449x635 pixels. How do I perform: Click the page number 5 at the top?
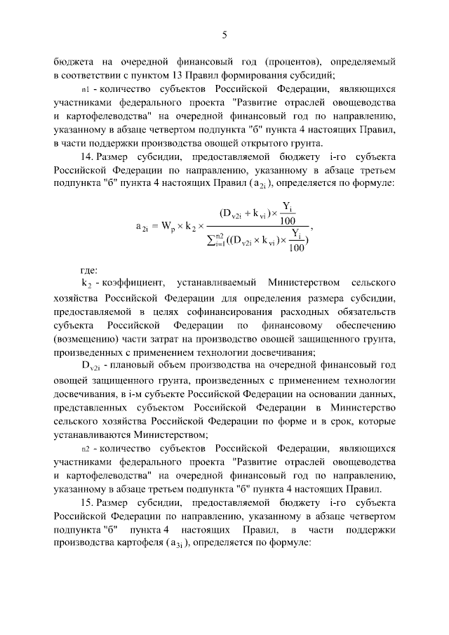click(x=224, y=34)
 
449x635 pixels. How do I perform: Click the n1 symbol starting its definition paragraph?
click(x=86, y=90)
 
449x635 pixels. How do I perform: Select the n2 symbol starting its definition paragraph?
click(x=86, y=446)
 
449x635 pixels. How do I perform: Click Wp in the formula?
click(x=169, y=226)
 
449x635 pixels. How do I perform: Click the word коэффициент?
click(x=135, y=283)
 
